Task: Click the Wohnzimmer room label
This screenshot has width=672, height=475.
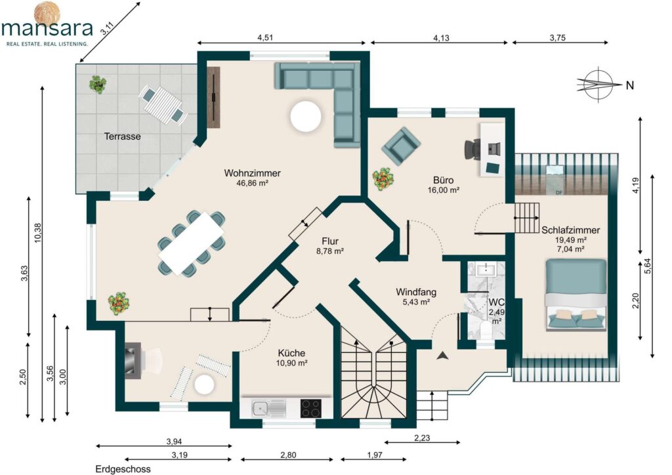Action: click(x=252, y=173)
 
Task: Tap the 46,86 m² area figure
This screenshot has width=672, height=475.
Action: click(x=252, y=183)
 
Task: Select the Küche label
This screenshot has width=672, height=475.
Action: click(x=291, y=353)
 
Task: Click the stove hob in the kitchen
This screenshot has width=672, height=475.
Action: click(x=310, y=408)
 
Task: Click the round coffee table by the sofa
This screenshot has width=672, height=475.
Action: click(x=306, y=116)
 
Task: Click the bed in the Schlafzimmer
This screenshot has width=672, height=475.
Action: click(x=576, y=295)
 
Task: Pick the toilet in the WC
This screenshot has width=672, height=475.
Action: click(x=486, y=331)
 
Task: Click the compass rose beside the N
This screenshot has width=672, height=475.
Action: click(x=599, y=85)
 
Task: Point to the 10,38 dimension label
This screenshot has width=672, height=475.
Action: click(x=37, y=233)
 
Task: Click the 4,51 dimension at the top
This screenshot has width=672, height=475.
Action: click(x=265, y=37)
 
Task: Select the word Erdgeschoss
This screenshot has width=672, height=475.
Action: click(x=123, y=469)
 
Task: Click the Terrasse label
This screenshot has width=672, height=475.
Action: click(x=122, y=136)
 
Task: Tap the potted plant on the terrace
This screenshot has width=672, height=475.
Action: click(x=98, y=84)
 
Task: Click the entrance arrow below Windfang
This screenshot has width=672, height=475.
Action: click(x=443, y=355)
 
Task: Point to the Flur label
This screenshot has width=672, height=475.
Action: click(x=330, y=241)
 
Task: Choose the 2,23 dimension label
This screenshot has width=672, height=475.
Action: click(x=422, y=438)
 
